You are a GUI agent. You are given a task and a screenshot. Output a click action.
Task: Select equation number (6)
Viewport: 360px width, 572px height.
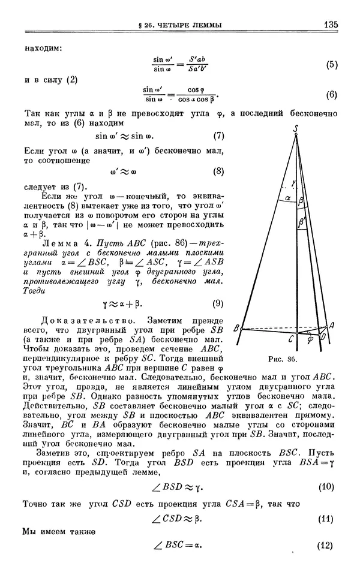[x=333, y=95]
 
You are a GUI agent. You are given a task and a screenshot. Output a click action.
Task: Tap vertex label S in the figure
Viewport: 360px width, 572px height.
[x=296, y=128]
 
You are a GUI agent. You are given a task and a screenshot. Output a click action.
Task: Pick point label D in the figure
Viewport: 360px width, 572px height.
[x=323, y=339]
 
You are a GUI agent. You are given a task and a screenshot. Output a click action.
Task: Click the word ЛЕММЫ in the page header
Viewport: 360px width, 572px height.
[x=207, y=25]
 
